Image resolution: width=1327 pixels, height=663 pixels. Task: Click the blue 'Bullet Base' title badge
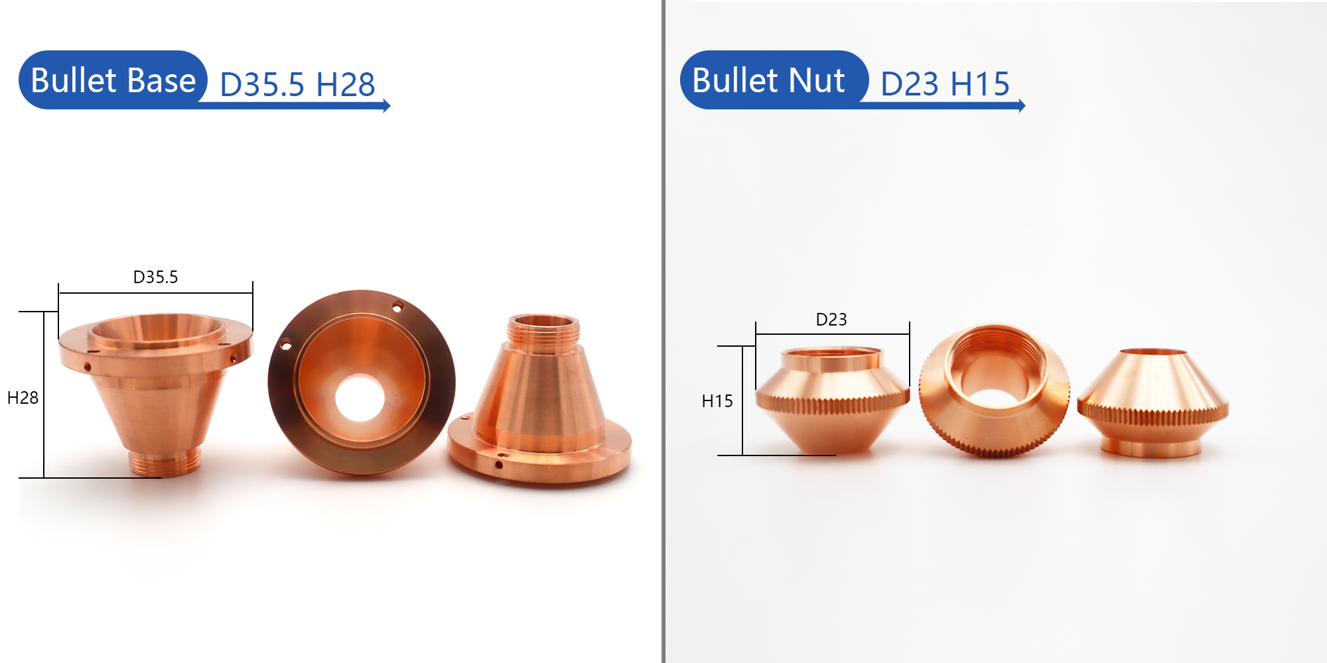[113, 80]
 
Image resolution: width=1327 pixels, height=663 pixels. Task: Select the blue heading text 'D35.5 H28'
[297, 85]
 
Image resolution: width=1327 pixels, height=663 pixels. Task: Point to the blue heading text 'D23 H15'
[945, 84]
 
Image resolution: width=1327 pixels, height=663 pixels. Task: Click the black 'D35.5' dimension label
[155, 277]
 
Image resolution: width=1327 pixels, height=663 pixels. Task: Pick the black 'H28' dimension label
[23, 398]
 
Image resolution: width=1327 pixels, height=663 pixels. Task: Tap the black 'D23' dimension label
[831, 320]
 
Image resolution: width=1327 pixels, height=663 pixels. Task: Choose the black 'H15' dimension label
[717, 401]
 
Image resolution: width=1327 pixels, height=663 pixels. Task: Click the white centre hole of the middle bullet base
[360, 398]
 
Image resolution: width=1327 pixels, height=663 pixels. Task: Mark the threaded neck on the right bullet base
[543, 330]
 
